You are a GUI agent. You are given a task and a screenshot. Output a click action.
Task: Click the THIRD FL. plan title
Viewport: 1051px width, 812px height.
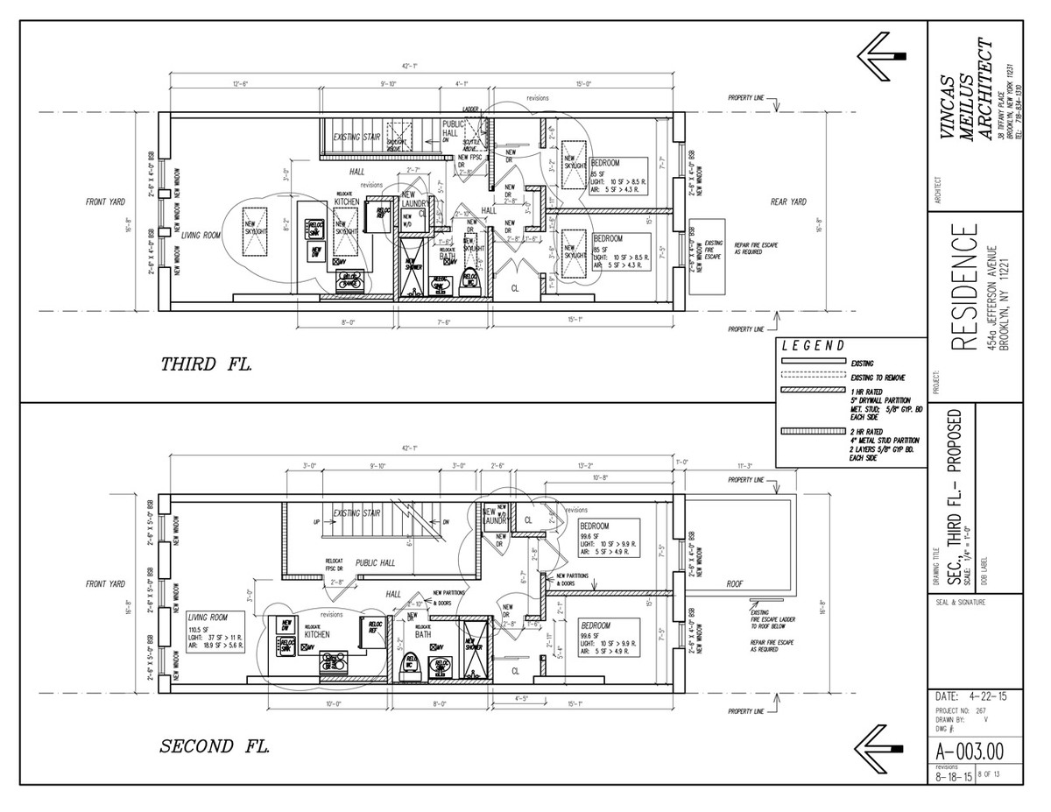click(x=207, y=364)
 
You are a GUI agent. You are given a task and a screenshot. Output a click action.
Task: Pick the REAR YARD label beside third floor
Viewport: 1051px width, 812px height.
click(x=787, y=202)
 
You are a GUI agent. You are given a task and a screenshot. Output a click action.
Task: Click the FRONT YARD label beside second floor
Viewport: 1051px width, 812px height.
click(x=105, y=583)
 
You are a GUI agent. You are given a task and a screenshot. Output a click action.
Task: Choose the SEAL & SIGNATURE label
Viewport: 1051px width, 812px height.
click(x=961, y=603)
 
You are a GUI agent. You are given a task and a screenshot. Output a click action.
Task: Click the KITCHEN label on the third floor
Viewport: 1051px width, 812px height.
click(x=347, y=202)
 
